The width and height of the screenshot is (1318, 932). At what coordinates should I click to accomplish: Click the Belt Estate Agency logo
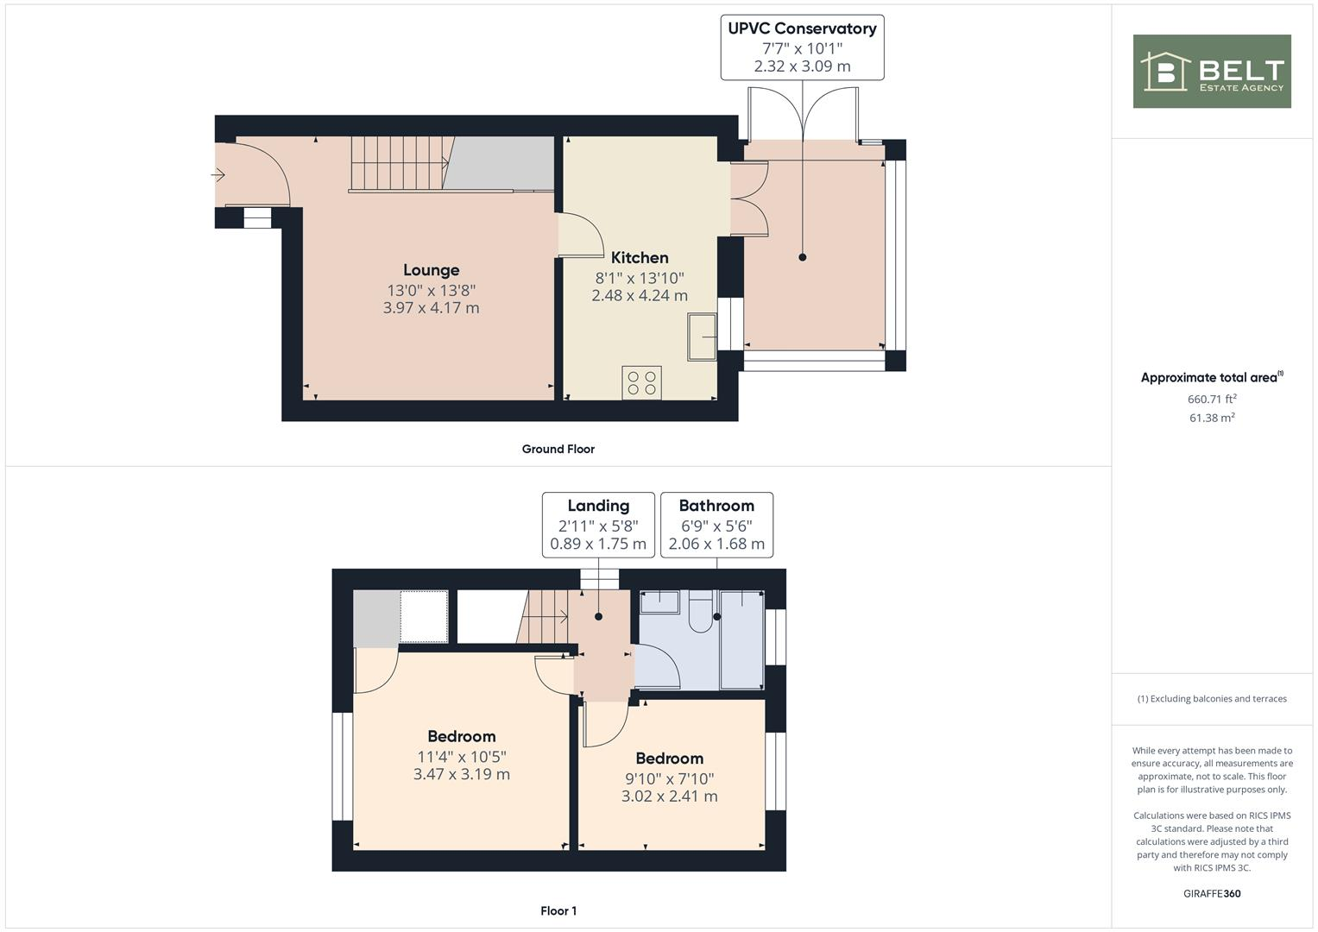1211,71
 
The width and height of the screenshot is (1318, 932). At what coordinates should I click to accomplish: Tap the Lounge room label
431,270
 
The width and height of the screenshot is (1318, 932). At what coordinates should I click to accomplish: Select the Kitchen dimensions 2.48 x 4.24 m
639,296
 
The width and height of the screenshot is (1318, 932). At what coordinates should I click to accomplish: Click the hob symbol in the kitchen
641,383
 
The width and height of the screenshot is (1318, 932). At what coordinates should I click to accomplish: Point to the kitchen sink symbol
701,337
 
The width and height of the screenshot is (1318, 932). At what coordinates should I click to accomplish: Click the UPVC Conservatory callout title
802,28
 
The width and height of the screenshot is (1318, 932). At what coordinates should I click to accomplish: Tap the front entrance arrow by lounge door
218,175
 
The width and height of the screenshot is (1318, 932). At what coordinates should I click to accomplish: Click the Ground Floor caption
558,449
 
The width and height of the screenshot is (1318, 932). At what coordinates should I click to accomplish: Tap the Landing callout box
598,525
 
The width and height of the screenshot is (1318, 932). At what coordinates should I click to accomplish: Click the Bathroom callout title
716,506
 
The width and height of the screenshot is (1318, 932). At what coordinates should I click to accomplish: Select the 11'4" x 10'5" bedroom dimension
462,757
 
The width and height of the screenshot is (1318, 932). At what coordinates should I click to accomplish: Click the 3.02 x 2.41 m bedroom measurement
669,797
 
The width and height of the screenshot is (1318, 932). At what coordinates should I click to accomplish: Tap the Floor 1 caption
558,910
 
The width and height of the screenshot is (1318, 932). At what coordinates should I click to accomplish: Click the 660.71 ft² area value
1212,399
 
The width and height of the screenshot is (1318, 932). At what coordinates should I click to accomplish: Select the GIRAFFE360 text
1211,893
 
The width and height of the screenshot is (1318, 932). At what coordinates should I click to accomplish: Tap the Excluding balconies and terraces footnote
1211,699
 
